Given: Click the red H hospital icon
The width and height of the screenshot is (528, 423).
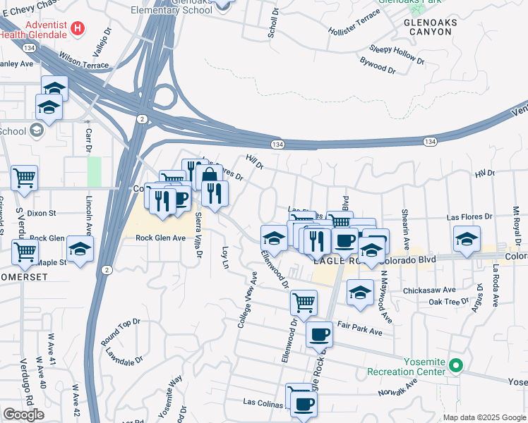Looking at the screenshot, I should [x=78, y=29].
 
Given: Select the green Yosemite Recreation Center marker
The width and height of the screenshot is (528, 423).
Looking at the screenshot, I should [x=456, y=366].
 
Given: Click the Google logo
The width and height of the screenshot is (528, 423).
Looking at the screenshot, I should [x=23, y=415].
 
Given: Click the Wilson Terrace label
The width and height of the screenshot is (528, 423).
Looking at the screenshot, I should [x=84, y=63].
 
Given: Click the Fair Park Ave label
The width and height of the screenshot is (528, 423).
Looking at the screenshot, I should [x=360, y=328].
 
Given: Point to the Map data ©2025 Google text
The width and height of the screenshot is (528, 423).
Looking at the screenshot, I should [x=484, y=417].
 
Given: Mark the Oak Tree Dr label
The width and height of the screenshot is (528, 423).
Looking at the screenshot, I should [x=449, y=302].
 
